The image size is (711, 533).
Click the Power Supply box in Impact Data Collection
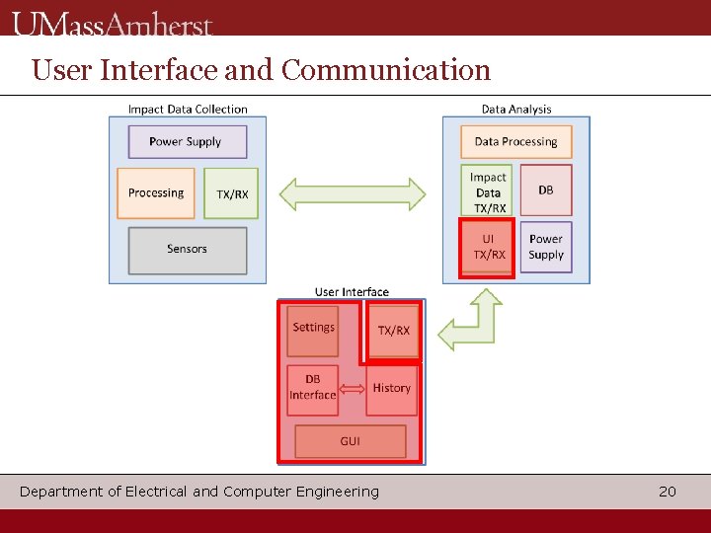[187, 141]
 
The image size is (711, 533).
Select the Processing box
[156, 193]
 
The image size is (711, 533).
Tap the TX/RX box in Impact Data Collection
[233, 193]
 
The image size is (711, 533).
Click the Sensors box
[187, 250]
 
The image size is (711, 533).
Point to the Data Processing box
[515, 141]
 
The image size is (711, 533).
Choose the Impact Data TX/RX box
[488, 191]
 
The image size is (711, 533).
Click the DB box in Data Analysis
[545, 190]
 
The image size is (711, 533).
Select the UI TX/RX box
[488, 248]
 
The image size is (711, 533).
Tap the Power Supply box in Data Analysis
[545, 247]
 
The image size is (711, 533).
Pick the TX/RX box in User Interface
[393, 331]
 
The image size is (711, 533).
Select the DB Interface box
[312, 388]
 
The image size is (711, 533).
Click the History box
[392, 388]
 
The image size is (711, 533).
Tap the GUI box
[351, 441]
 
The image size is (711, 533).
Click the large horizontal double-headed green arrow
[353, 193]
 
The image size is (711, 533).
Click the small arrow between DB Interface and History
[352, 388]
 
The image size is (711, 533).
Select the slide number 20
[668, 492]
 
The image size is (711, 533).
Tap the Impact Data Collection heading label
[188, 110]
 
